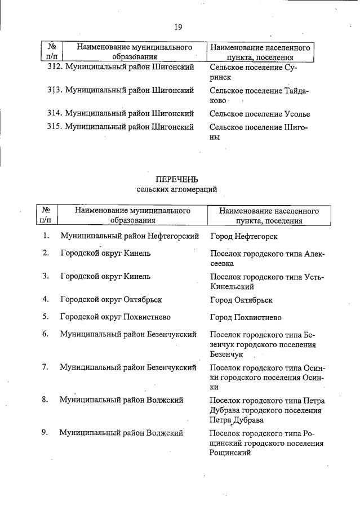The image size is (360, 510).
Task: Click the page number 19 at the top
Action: (x=178, y=26)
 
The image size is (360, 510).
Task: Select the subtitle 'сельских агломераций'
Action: (x=176, y=189)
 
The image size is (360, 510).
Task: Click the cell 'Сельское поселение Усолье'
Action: (x=260, y=114)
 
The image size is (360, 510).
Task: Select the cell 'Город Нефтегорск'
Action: (x=243, y=237)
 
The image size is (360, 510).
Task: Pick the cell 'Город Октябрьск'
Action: (x=241, y=300)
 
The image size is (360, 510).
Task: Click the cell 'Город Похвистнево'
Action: (x=246, y=317)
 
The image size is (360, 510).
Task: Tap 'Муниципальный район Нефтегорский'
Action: (x=130, y=236)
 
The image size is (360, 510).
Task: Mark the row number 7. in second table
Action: (x=45, y=367)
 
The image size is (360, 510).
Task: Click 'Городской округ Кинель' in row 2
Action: (x=97, y=253)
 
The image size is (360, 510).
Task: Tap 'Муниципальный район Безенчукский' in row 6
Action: (x=128, y=334)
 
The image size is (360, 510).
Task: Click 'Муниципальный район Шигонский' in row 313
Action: (x=130, y=90)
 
